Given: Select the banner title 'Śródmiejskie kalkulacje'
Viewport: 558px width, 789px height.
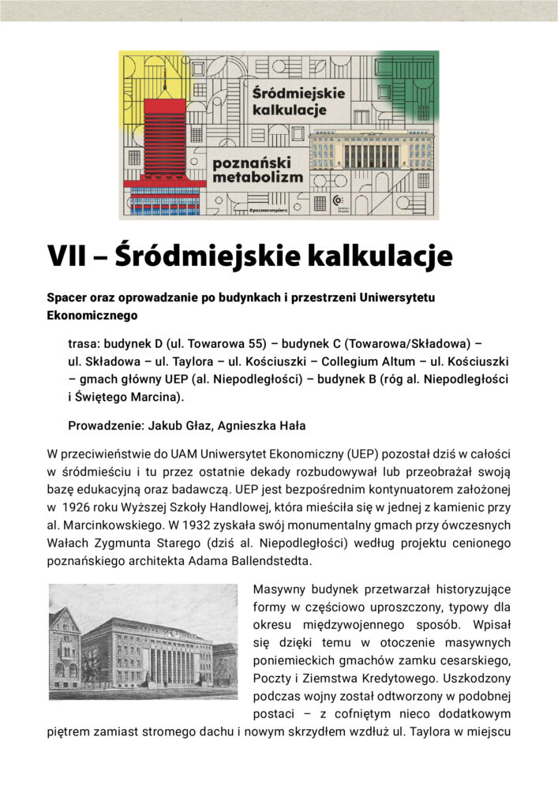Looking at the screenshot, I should pos(296,100).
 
